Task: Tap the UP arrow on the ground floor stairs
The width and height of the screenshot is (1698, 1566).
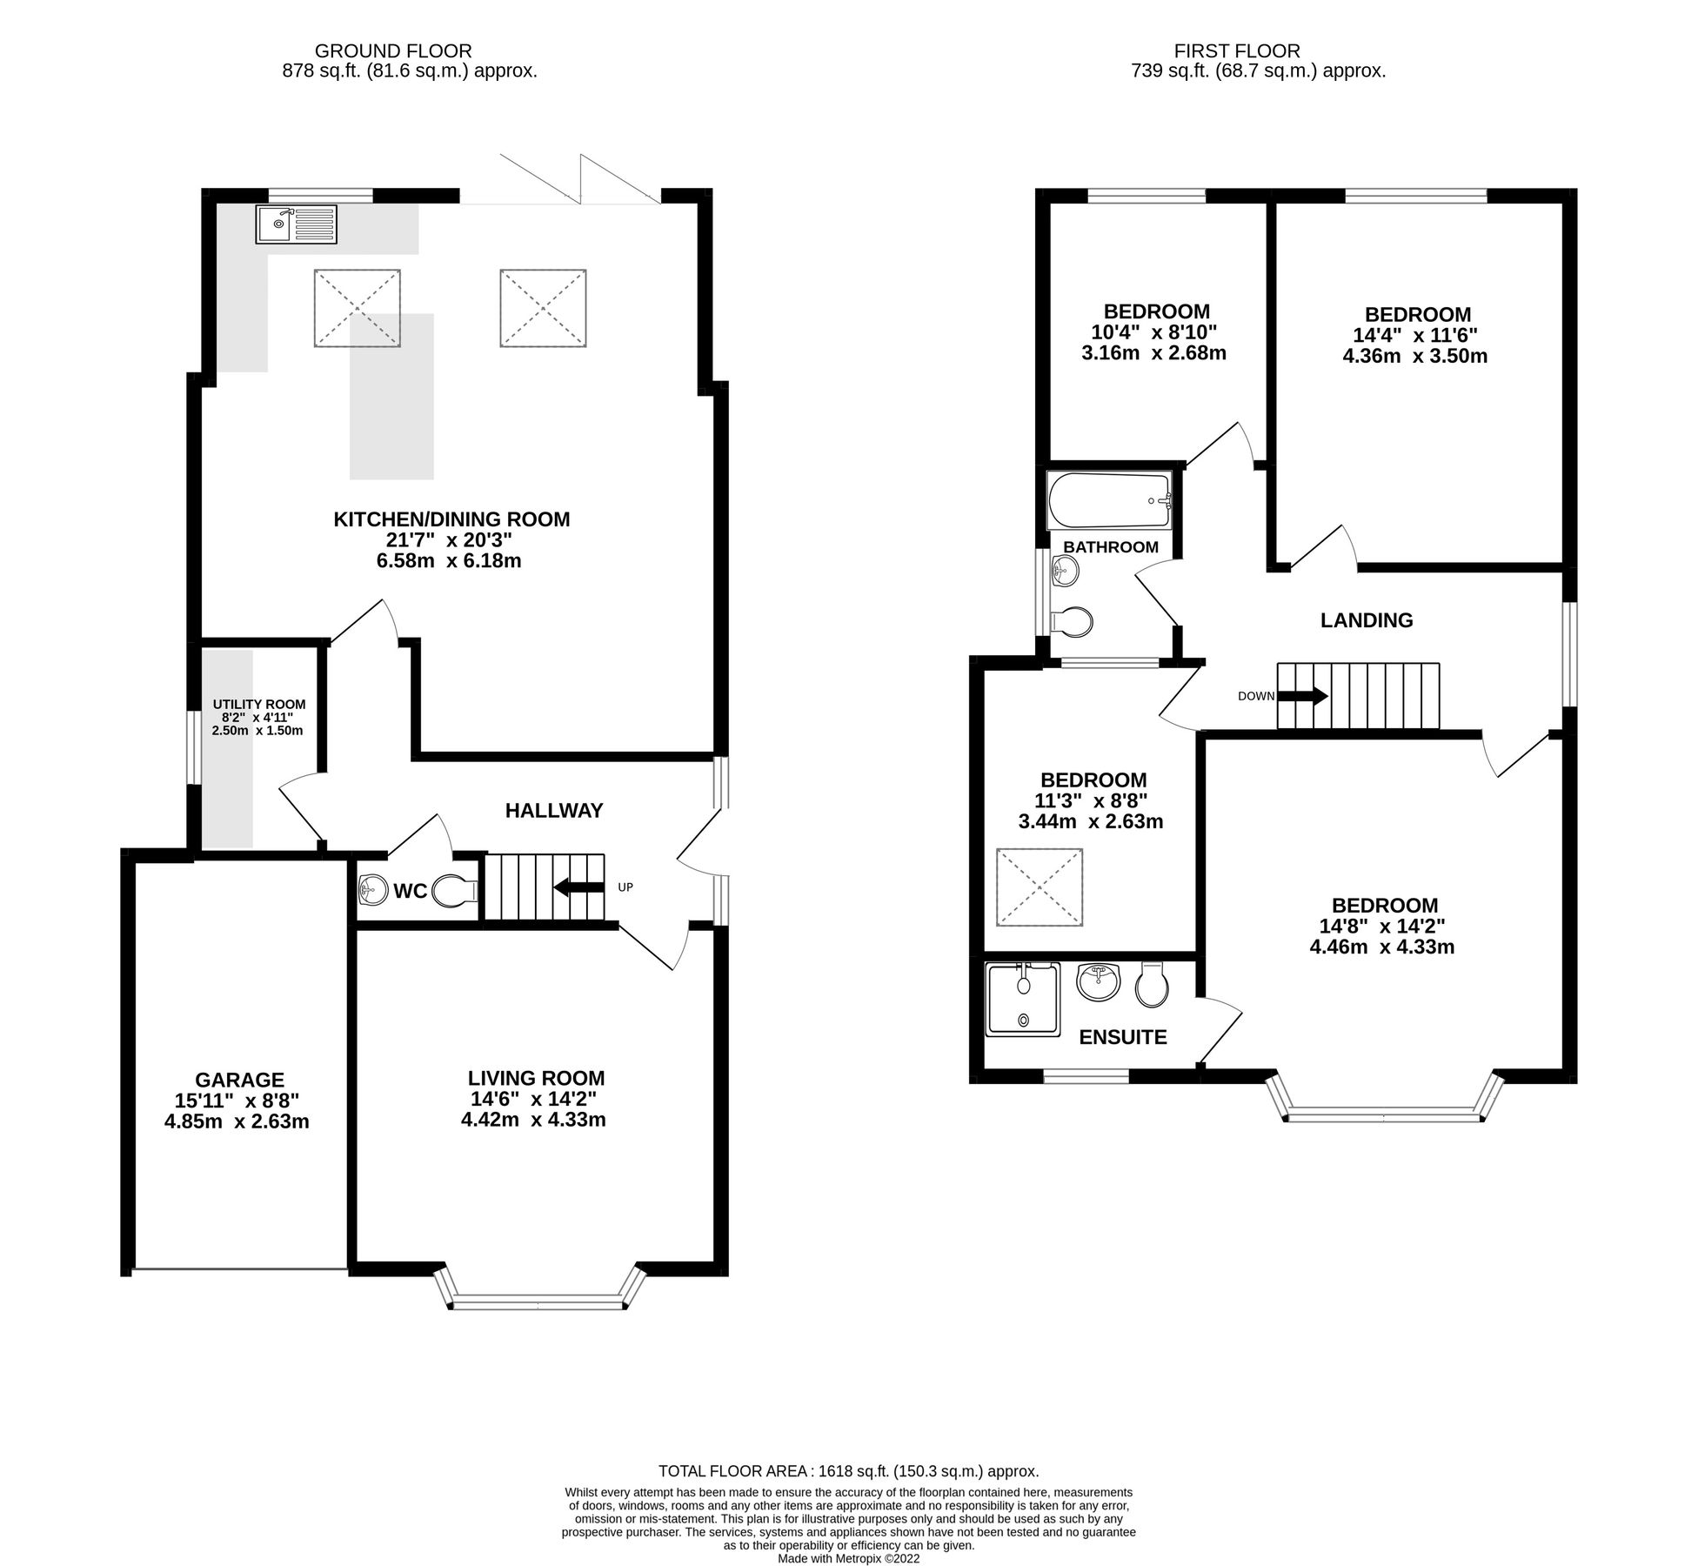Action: [580, 887]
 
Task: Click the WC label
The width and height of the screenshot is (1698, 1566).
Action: [410, 891]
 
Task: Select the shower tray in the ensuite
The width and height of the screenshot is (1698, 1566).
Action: [1023, 999]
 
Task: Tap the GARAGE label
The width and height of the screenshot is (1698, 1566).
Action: [239, 1080]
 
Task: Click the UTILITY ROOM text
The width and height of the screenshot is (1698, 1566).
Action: [258, 704]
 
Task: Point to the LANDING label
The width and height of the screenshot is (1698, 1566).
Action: [1366, 620]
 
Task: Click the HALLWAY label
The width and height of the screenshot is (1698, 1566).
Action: [553, 811]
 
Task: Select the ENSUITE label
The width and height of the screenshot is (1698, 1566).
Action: [1122, 1037]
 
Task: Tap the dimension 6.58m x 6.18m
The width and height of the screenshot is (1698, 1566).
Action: [448, 561]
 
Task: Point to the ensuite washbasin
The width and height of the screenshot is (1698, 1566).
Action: [1098, 983]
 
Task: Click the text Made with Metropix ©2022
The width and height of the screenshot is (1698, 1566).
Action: [848, 1559]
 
